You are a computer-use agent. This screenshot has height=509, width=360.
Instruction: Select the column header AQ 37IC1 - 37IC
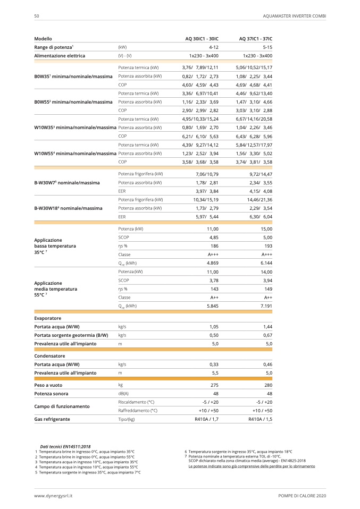point(256,39)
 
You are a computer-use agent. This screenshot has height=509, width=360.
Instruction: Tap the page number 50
point(36,16)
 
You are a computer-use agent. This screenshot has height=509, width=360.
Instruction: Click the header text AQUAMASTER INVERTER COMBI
point(294,16)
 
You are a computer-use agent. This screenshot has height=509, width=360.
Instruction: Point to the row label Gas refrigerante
point(52,419)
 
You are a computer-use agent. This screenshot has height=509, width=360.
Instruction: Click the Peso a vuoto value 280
point(267,384)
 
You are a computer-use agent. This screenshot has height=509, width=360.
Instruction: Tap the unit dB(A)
point(123,393)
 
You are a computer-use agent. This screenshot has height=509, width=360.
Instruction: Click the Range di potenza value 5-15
point(266,47)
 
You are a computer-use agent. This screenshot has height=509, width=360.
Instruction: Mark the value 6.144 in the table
point(266,263)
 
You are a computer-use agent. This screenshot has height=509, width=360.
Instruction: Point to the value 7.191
point(266,306)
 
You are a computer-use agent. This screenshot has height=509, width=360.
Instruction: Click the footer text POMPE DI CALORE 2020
point(302,495)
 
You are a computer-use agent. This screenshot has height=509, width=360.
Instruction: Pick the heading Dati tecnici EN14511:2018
point(65,447)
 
